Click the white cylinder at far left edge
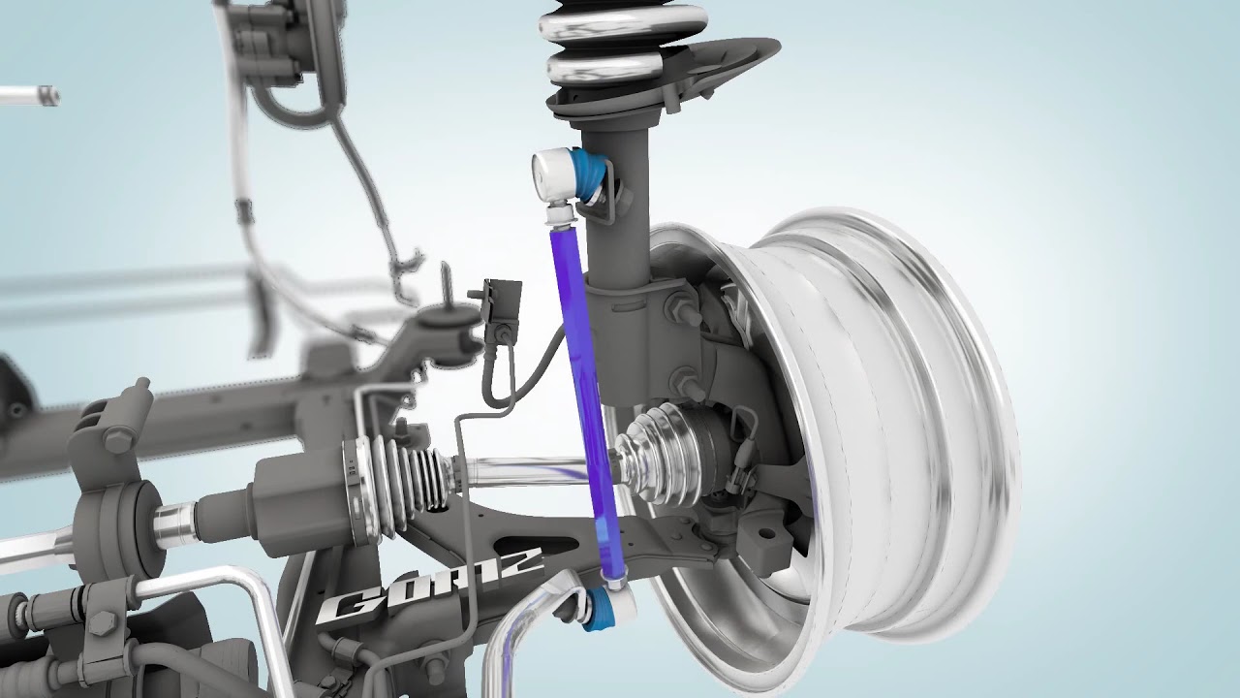click(x=29, y=95)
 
